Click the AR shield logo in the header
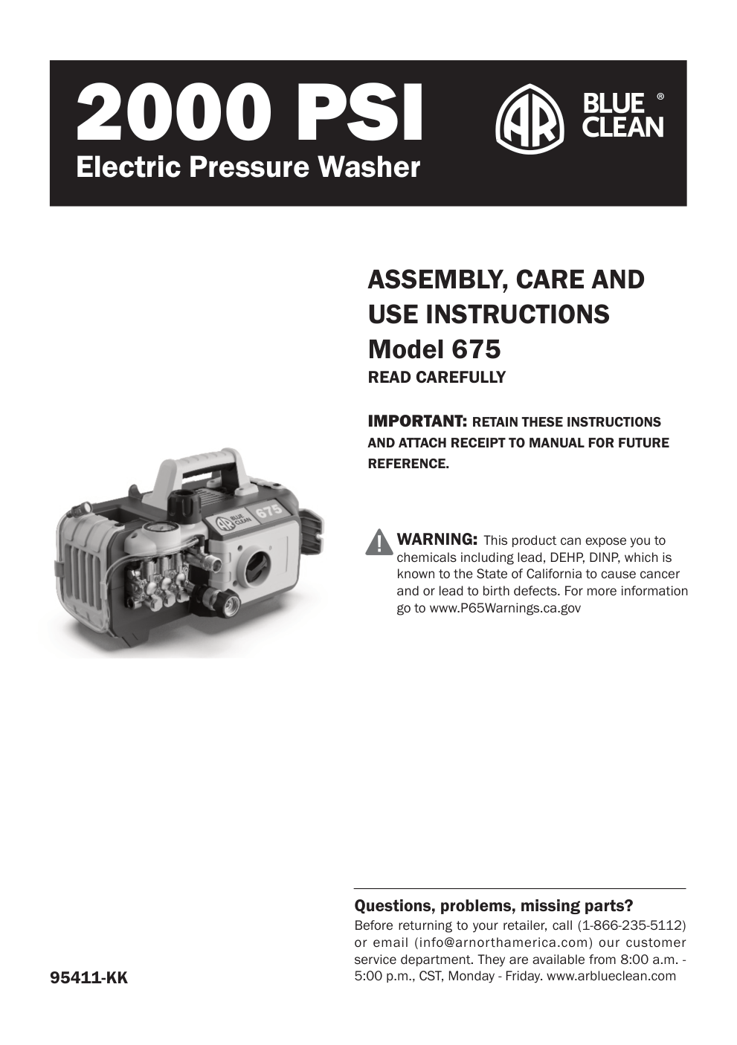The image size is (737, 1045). click(x=529, y=119)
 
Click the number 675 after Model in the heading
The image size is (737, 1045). click(x=475, y=349)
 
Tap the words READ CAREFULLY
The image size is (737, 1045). click(x=437, y=378)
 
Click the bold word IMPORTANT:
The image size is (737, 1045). click(x=417, y=421)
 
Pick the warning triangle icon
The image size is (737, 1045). click(x=379, y=542)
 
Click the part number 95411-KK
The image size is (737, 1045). click(x=88, y=978)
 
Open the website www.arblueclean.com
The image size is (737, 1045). click(x=611, y=976)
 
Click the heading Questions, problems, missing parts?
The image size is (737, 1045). click(x=494, y=906)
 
